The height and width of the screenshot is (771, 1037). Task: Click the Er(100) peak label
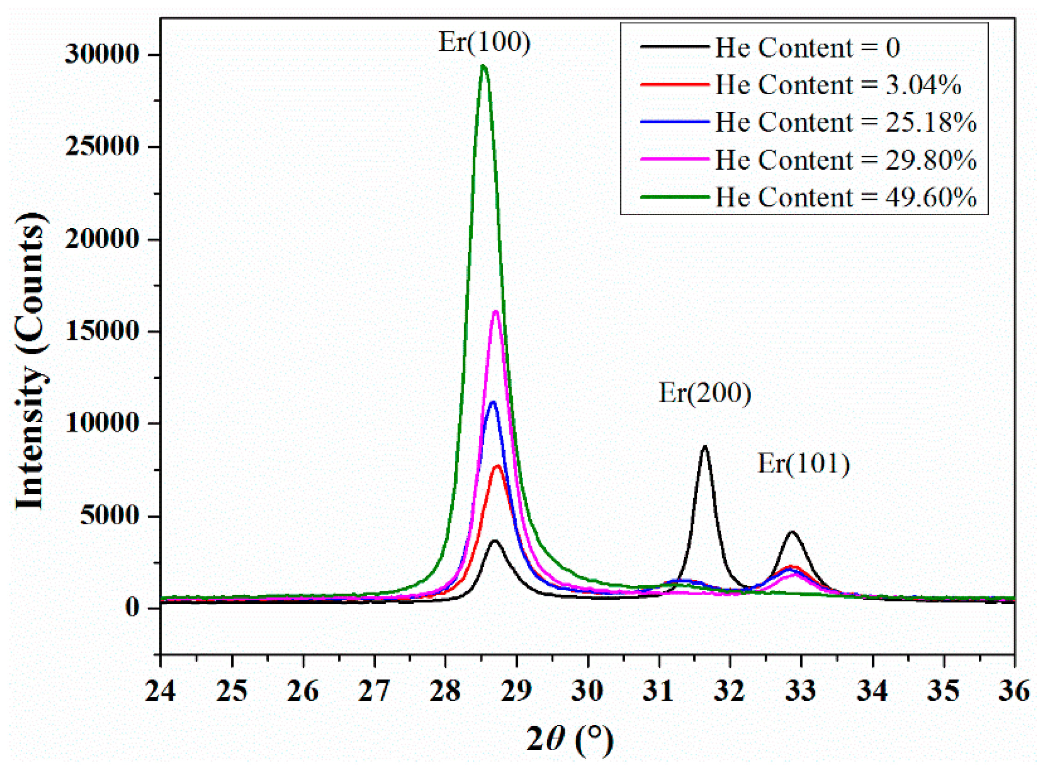pyautogui.click(x=484, y=42)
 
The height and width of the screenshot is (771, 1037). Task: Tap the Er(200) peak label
pyautogui.click(x=705, y=393)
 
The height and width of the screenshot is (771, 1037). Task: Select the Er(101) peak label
pyautogui.click(x=803, y=463)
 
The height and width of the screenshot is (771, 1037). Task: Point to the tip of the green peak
pyautogui.click(x=483, y=66)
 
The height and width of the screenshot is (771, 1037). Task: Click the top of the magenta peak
pyautogui.click(x=495, y=311)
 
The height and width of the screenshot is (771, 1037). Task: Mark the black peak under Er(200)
pyautogui.click(x=705, y=447)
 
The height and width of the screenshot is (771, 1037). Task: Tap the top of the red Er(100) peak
pyautogui.click(x=498, y=466)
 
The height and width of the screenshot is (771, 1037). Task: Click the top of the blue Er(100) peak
pyautogui.click(x=492, y=402)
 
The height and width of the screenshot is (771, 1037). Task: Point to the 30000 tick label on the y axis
pyautogui.click(x=102, y=54)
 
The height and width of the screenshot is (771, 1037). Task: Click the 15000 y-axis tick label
pyautogui.click(x=102, y=331)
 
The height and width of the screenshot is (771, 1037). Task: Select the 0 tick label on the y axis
pyautogui.click(x=133, y=608)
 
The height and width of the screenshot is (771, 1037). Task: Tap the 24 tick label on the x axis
pyautogui.click(x=161, y=691)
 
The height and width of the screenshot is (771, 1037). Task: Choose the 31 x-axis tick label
pyautogui.click(x=658, y=691)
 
